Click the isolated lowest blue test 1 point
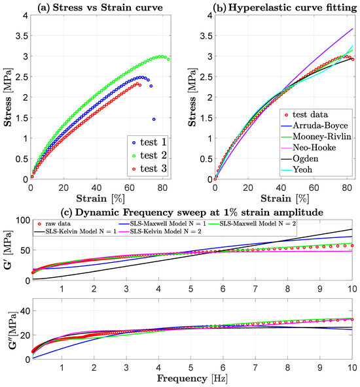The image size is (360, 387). (154, 119)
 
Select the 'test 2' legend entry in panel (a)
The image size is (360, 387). (150, 156)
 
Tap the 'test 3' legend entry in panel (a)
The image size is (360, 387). (150, 169)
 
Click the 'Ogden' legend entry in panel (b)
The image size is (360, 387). (300, 158)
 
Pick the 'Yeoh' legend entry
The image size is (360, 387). (297, 169)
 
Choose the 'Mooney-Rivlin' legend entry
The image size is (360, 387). (316, 137)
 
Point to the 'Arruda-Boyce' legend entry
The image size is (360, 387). (315, 126)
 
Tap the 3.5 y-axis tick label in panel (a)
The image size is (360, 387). (22, 36)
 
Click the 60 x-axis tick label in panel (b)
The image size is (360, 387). (314, 188)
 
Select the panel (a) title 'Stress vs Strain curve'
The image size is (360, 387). (108, 7)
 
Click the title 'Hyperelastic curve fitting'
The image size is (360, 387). (293, 8)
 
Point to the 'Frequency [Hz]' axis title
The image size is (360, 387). (192, 379)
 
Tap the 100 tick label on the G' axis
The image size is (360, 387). (23, 220)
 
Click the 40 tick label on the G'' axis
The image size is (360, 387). (25, 311)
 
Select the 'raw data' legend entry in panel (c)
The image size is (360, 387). (54, 224)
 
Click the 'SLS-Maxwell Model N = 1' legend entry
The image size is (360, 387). (162, 224)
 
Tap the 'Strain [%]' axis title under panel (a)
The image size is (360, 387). (100, 199)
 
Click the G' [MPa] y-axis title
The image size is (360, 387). (9, 250)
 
